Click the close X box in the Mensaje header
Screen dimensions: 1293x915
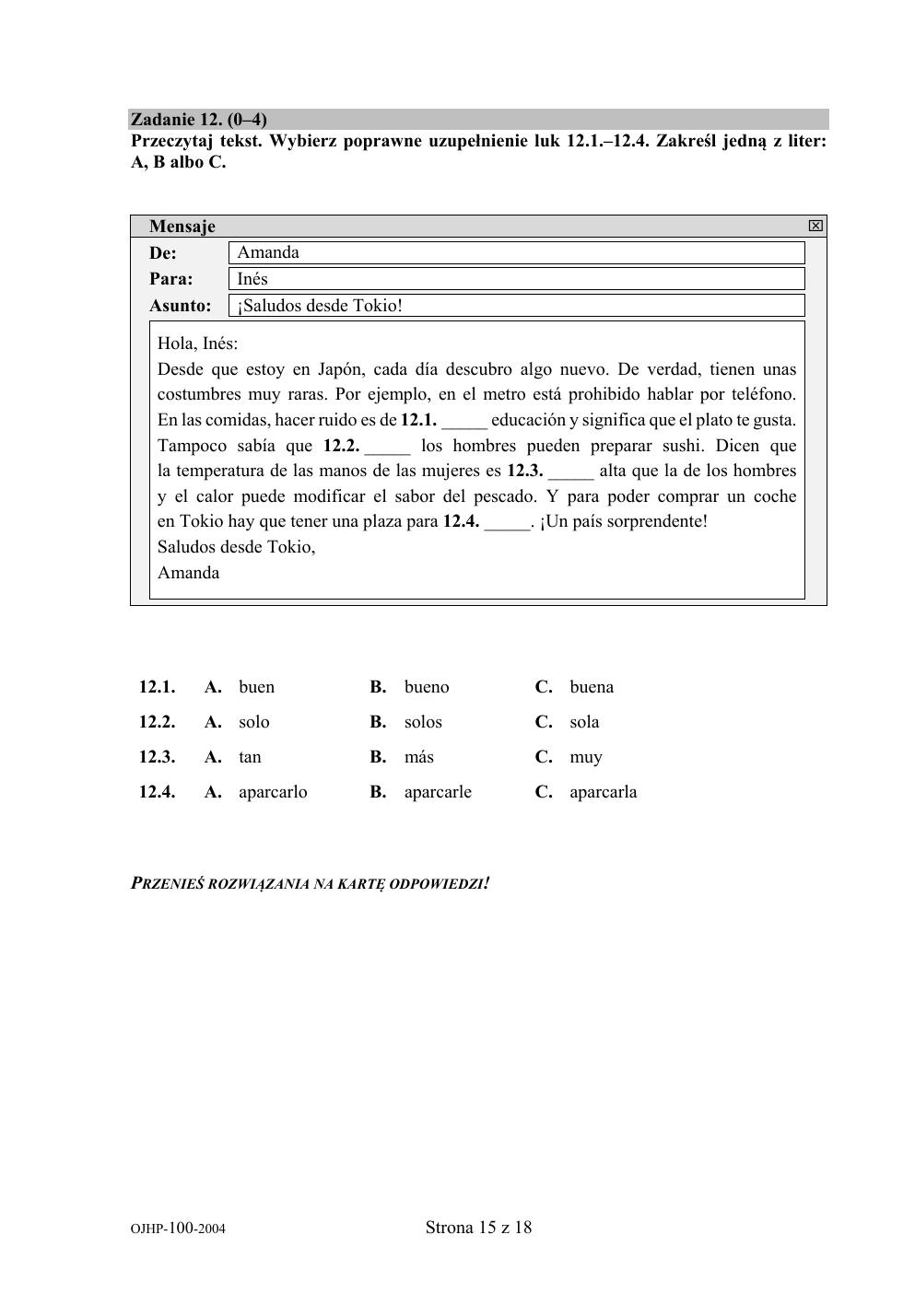coord(815,226)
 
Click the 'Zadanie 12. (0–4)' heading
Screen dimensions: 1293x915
coord(199,120)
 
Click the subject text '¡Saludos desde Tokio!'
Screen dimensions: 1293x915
coord(320,306)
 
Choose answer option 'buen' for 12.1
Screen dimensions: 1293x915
coord(256,687)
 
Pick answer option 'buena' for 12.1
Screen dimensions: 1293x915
coord(592,687)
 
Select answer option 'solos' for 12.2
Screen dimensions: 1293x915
coord(423,722)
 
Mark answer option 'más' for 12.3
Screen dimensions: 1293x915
coord(419,757)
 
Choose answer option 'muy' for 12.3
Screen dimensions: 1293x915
coord(586,757)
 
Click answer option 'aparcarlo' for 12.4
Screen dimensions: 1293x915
coord(273,792)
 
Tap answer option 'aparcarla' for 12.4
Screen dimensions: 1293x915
coord(604,792)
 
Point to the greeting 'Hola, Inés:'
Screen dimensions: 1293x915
coord(197,344)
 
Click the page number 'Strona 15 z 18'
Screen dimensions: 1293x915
coord(479,1228)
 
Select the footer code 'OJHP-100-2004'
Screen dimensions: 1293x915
coord(178,1229)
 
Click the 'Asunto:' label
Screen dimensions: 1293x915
coord(181,306)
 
